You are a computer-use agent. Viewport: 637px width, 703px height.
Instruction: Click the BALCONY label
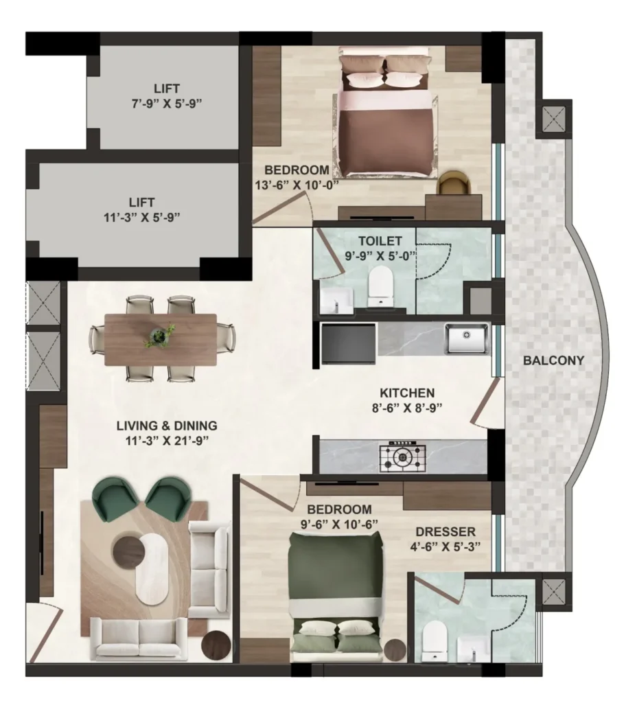coord(554,360)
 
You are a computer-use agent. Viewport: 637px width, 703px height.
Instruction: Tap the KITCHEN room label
coord(407,393)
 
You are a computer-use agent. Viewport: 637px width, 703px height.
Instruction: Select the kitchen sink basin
coord(466,338)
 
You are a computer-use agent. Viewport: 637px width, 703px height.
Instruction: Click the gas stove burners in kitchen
coord(402,457)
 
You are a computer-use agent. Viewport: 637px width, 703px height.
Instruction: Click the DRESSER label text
coord(445,532)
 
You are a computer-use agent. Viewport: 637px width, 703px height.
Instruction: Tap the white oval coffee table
coord(152,568)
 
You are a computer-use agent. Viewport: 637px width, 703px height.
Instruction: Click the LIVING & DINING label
coord(167,426)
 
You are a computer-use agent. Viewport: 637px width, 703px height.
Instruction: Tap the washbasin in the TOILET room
coord(336,301)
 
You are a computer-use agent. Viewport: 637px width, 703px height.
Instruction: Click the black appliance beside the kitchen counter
coord(348,344)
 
